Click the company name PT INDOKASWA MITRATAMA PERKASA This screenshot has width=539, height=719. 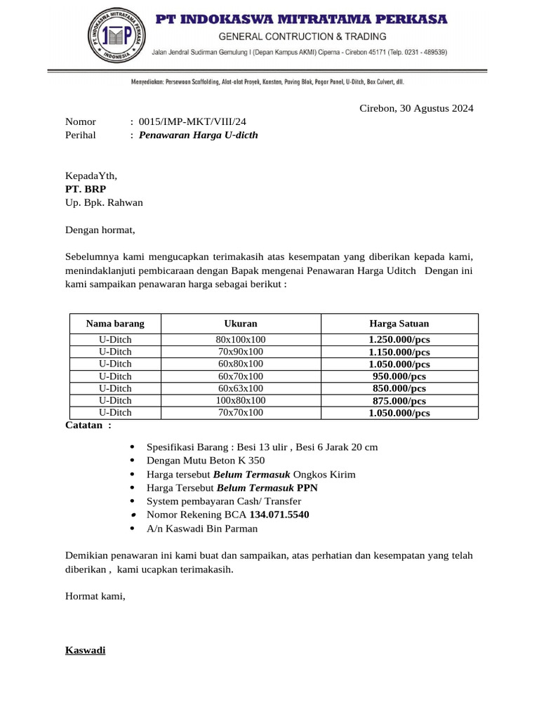tap(300, 19)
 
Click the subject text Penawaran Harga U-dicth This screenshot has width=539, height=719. tap(199, 135)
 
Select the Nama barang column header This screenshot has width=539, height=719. tap(115, 324)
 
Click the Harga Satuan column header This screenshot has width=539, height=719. tap(399, 324)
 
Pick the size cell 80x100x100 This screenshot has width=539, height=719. tap(241, 339)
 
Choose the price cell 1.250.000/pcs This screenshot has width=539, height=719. tap(399, 340)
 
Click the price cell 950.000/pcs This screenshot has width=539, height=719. tap(399, 376)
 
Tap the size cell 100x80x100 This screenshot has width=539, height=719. tap(241, 400)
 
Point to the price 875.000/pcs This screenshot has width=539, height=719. tap(399, 401)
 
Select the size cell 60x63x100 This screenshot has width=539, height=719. tap(241, 388)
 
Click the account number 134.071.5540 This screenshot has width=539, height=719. tap(279, 515)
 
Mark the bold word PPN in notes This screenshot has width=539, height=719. tap(307, 487)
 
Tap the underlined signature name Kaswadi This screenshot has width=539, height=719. tap(85, 650)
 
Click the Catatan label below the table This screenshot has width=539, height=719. tap(88, 425)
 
